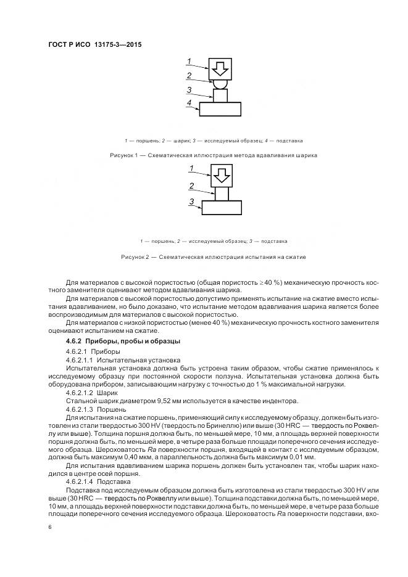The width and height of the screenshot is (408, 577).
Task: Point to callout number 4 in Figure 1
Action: coord(190,102)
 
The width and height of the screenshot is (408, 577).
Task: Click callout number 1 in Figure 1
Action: coord(191,60)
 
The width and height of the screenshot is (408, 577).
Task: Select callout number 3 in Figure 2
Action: coord(192,202)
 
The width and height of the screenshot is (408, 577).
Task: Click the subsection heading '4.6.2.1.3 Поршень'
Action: coord(91,409)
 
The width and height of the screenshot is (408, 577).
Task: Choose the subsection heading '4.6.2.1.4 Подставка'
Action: coord(94,481)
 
